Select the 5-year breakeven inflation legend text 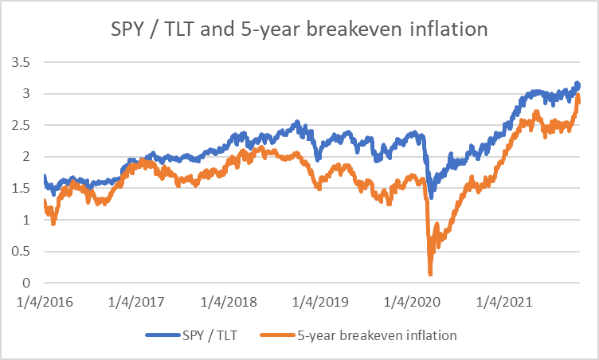[379, 335]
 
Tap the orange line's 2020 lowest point [430, 274]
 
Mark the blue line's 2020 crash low [431, 197]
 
